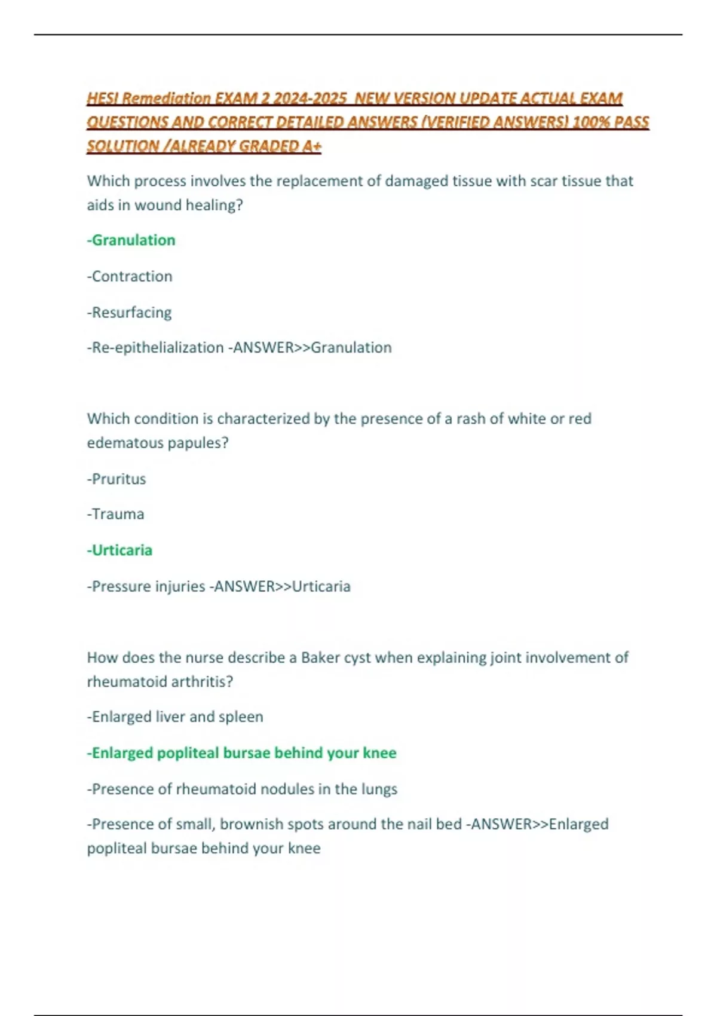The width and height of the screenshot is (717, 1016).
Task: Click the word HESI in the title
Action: point(103,98)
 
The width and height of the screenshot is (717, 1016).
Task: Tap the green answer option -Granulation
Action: point(131,240)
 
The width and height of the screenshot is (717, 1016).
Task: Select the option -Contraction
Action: point(130,276)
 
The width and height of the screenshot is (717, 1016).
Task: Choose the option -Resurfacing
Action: point(130,313)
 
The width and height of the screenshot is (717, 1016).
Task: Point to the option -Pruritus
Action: point(117,479)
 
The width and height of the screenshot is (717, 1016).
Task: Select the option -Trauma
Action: point(116,514)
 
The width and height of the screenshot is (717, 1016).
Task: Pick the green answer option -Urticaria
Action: point(120,550)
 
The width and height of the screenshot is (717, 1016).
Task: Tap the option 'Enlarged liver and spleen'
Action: point(175,717)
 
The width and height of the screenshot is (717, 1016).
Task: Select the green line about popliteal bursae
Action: point(242,753)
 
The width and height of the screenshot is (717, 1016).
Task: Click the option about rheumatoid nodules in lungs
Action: point(242,789)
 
